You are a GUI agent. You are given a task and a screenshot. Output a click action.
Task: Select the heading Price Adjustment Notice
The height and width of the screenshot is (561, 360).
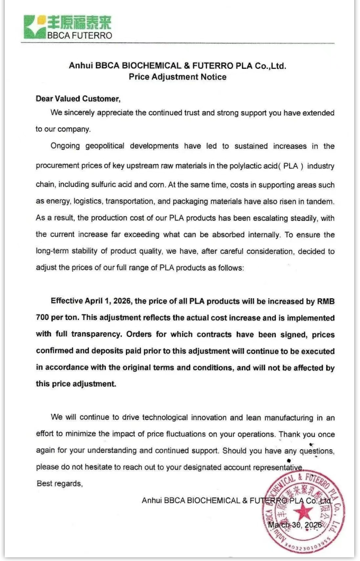coord(177,77)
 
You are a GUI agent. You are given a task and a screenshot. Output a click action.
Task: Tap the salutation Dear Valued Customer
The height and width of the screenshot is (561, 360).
coord(78,98)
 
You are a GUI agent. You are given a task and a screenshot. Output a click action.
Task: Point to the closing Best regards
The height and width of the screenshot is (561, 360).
coord(59,483)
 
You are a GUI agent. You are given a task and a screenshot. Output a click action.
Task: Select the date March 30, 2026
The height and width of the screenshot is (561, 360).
coord(295,525)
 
